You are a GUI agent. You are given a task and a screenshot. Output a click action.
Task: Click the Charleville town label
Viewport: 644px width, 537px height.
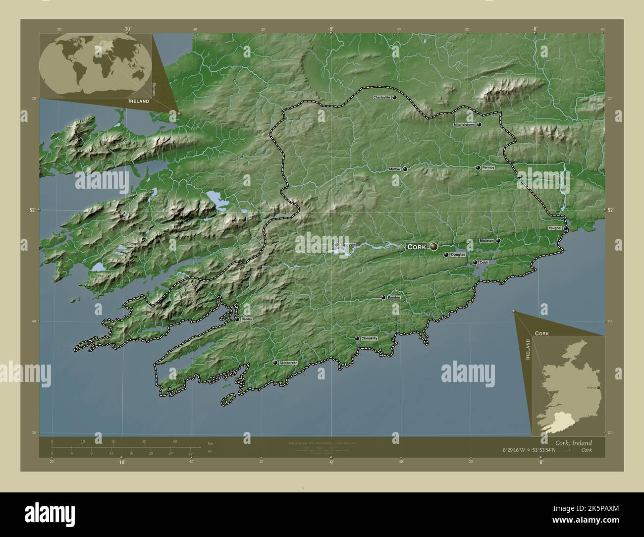pos(381,98)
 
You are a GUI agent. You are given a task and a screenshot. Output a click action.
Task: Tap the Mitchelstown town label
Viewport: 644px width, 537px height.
pos(464,125)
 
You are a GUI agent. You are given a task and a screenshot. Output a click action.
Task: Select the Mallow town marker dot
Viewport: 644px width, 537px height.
pos(405,169)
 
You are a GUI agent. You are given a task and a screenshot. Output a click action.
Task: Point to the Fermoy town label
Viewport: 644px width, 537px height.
pos(488,168)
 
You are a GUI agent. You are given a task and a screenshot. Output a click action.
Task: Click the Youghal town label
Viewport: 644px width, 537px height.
pos(555,228)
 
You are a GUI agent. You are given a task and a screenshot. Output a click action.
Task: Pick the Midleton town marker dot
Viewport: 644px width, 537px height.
pos(498,241)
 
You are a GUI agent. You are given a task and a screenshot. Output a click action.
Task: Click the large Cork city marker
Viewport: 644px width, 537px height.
pos(434,246)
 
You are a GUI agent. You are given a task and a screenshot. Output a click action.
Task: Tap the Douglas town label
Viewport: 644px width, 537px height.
pos(458,255)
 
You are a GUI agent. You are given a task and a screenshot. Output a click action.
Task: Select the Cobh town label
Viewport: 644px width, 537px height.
pos(484,263)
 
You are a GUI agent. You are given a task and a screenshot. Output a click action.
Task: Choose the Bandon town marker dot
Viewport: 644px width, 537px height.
pos(383,297)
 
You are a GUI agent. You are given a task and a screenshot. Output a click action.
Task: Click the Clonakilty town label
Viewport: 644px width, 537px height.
pos(370,338)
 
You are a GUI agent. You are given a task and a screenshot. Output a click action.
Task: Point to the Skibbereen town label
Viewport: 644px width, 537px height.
pos(289,363)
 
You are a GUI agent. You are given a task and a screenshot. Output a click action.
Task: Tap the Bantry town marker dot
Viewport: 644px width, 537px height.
pos(237,320)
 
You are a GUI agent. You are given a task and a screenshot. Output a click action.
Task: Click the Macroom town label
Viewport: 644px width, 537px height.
pos(348,245)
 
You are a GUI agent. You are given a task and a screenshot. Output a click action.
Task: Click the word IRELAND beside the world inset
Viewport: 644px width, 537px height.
pos(138,101)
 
